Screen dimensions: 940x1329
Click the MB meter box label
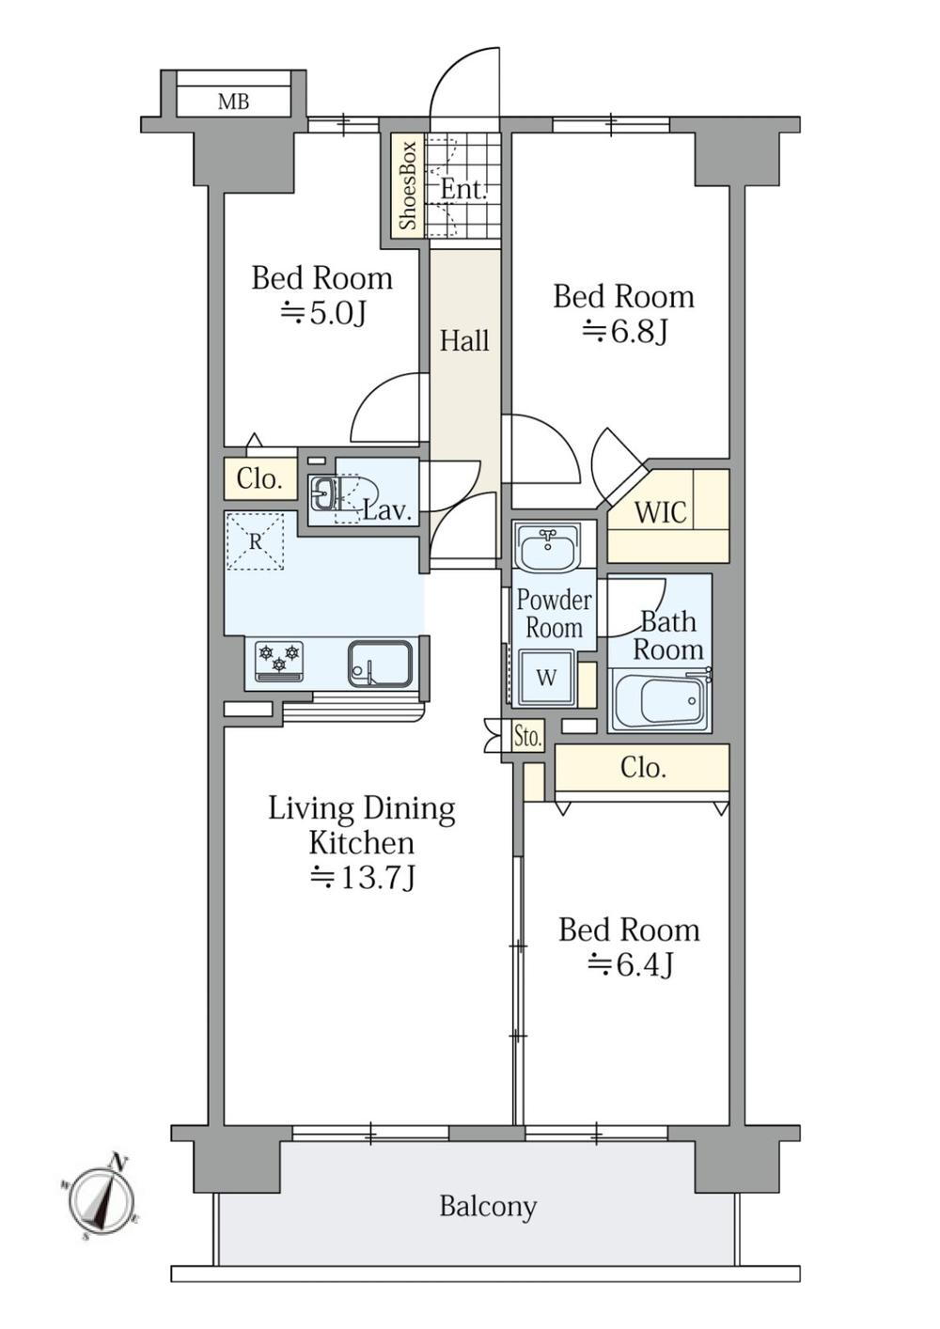(x=233, y=102)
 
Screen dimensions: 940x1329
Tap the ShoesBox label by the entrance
(x=408, y=186)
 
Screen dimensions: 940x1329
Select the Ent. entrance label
(x=463, y=190)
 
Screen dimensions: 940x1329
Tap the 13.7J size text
(x=363, y=878)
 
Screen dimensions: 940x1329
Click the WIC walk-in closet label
(x=661, y=512)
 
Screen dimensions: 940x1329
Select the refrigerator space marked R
(x=255, y=542)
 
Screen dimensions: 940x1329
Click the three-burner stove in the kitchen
(x=279, y=661)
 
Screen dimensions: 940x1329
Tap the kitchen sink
(x=380, y=664)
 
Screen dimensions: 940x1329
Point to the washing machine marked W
(x=546, y=679)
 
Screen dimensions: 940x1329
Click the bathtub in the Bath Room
(x=659, y=701)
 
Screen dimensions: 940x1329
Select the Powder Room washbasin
(x=545, y=546)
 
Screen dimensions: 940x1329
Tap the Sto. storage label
(x=527, y=738)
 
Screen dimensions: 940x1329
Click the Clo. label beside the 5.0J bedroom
(x=258, y=478)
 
